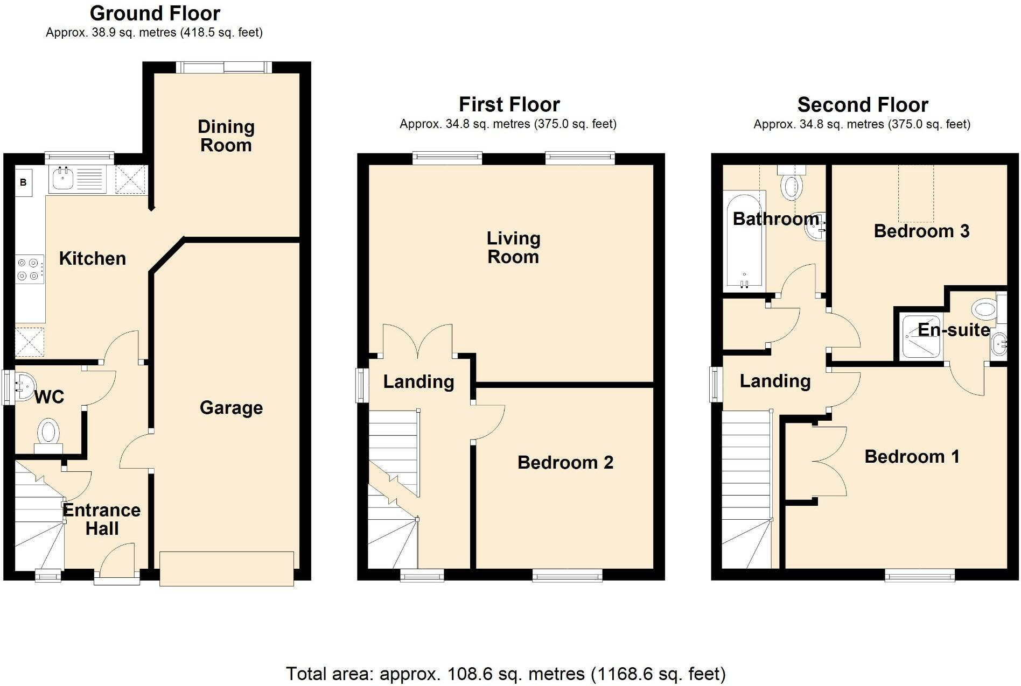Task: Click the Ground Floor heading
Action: [155, 13]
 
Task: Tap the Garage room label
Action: [231, 408]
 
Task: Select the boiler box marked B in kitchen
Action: [23, 182]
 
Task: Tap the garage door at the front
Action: [226, 568]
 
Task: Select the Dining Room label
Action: [226, 136]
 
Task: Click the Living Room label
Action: [513, 247]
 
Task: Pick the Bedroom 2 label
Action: [565, 463]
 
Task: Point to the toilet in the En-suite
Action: [985, 309]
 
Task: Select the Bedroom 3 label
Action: [921, 231]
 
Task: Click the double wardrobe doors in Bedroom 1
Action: [829, 461]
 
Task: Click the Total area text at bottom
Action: [505, 674]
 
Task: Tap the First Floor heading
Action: [509, 104]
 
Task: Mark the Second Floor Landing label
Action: [774, 381]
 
